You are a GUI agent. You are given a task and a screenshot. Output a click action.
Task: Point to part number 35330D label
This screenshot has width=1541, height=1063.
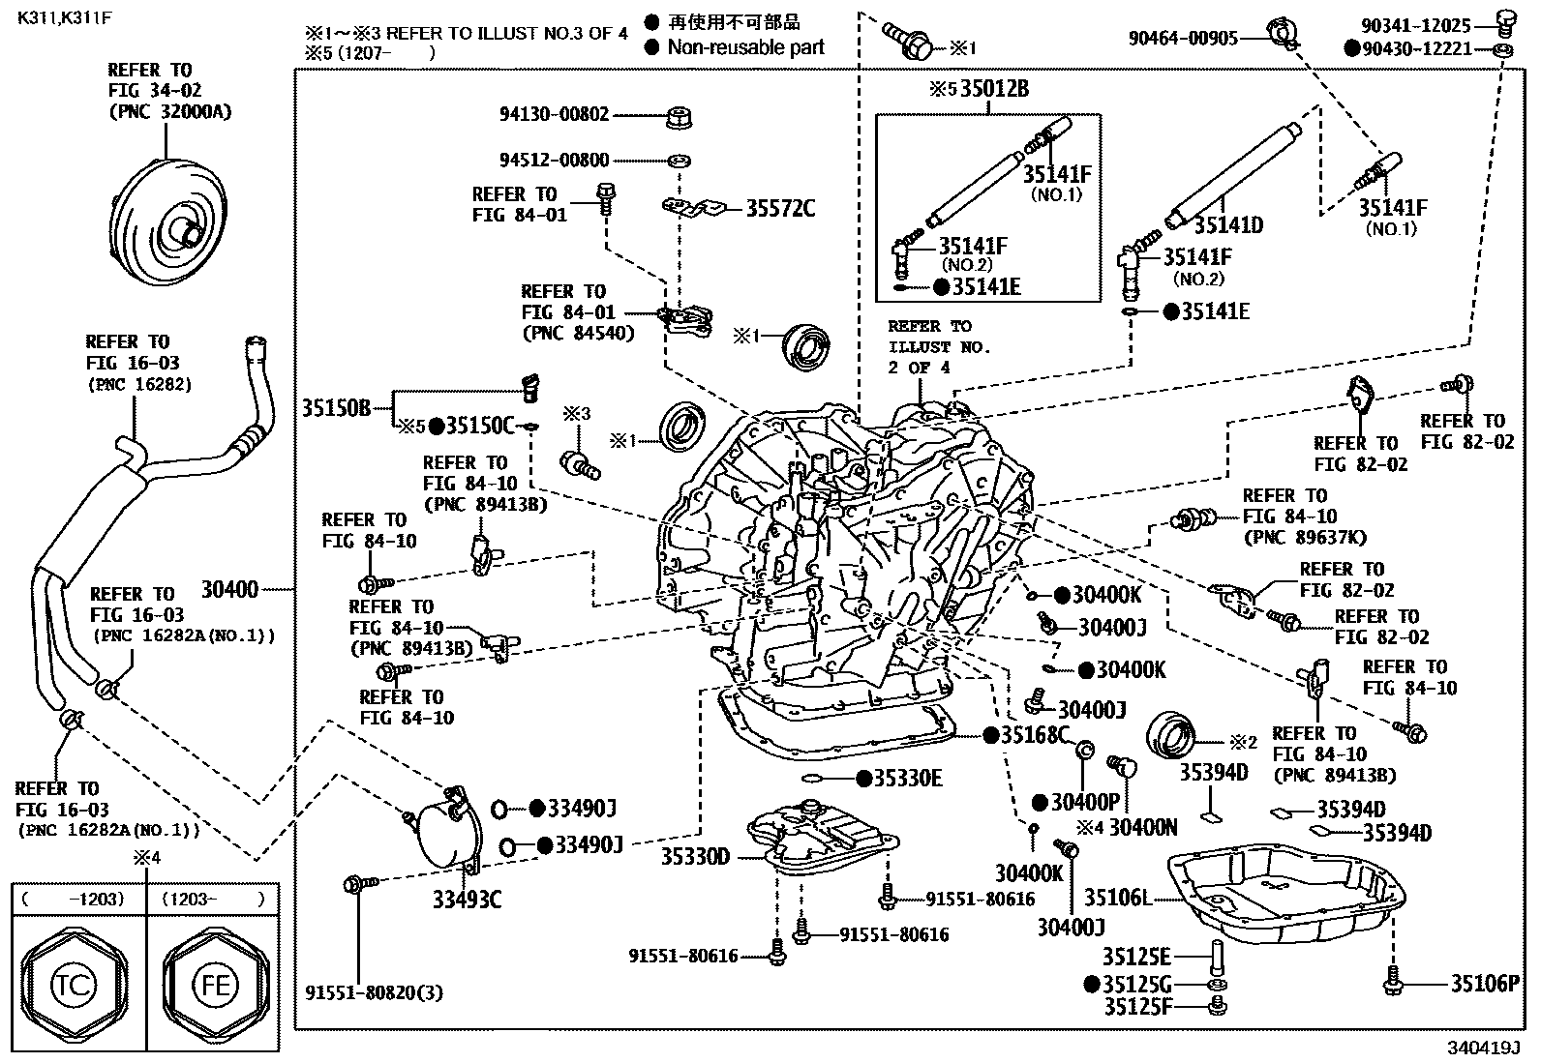[696, 856]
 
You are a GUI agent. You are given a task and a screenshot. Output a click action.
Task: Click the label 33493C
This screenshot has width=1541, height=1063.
[467, 900]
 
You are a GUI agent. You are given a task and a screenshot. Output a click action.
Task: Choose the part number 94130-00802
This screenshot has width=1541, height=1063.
[555, 115]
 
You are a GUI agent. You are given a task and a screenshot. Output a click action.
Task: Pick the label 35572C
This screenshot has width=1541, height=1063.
[780, 208]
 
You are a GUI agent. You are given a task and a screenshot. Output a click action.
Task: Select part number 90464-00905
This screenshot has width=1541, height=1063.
[1183, 38]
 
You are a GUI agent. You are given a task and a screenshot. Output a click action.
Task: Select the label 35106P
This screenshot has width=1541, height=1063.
[1485, 984]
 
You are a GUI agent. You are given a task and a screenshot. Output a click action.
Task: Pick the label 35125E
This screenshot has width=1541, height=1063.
[1136, 957]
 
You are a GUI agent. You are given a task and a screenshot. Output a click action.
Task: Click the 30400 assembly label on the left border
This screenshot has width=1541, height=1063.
[229, 589]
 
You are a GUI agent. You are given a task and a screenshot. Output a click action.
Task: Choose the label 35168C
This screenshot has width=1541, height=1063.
[1035, 736]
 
